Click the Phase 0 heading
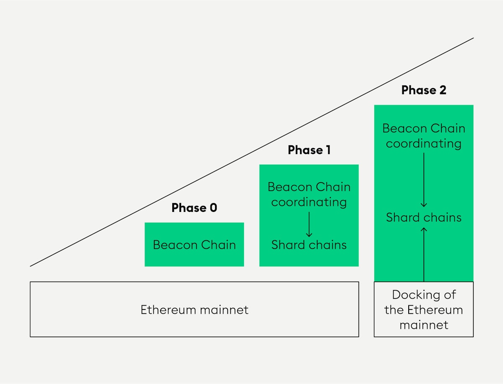pos(194,208)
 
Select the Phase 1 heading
pos(309,150)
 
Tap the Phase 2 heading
pos(423,90)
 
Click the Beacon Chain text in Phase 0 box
pos(194,245)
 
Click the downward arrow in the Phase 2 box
pos(423,180)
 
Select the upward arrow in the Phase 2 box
pos(423,253)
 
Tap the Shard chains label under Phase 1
pos(309,245)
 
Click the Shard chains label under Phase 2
pos(423,217)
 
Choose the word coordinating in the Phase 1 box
pos(309,202)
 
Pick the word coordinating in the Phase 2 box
pos(423,144)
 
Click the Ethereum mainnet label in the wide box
pos(194,310)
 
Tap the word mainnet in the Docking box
pos(423,325)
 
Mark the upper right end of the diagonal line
pos(473,38)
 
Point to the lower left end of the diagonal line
pos(31,265)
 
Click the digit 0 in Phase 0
pos(213,208)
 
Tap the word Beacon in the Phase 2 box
pos(402,128)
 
